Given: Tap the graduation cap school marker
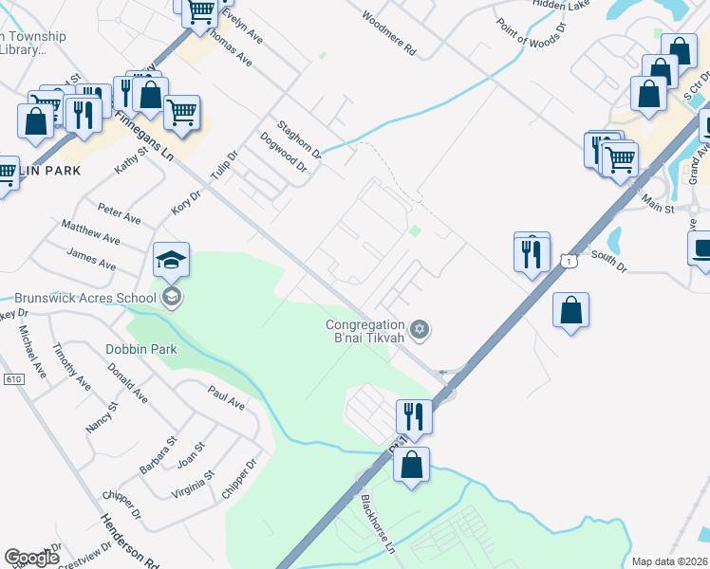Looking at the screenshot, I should tap(172, 260).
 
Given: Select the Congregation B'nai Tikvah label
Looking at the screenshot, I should tap(365, 331).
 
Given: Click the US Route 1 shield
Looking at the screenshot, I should tap(568, 259).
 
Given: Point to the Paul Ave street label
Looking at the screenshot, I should tap(226, 396).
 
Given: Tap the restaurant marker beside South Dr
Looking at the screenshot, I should tap(532, 252).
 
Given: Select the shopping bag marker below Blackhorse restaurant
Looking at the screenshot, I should tap(411, 467).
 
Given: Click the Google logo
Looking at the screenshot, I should tap(32, 558).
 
